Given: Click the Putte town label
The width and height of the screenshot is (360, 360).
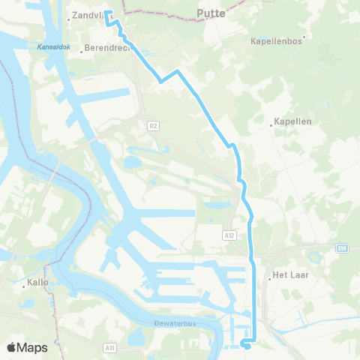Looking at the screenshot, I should click(210, 13).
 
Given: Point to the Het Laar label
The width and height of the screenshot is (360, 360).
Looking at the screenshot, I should click(291, 275).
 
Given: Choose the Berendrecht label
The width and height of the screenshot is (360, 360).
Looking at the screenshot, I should click(108, 47).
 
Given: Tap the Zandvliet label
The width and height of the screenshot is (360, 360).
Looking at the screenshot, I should click(86, 14).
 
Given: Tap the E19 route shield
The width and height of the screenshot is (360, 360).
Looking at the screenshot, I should click(342, 247).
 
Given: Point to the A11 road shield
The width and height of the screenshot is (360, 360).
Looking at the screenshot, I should click(110, 347).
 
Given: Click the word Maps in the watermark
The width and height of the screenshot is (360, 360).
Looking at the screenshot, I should click(33, 347).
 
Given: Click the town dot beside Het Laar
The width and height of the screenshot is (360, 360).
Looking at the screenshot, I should click(270, 277).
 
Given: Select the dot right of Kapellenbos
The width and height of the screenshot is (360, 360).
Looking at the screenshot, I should click(304, 37).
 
